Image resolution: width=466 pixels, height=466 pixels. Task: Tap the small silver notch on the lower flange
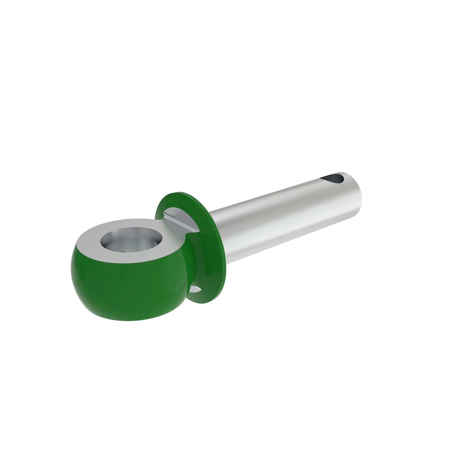point(196,289)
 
